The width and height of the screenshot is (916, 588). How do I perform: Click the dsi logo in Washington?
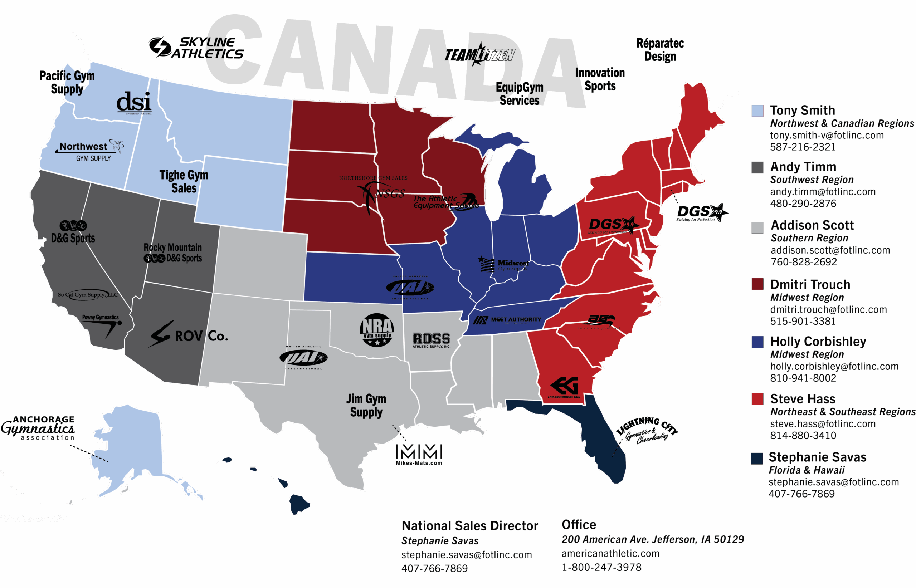pos(134,102)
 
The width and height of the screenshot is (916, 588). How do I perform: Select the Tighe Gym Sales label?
pos(184,181)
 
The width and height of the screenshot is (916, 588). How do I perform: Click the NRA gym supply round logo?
pos(377,330)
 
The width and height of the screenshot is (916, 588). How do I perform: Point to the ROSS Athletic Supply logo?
pos(431,340)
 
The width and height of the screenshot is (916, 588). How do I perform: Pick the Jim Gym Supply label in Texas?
pos(366,406)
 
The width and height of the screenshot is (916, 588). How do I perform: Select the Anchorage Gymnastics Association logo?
pos(39,428)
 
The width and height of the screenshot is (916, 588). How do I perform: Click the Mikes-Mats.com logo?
pos(419,454)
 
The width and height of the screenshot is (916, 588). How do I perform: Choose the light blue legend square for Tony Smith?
pos(757,111)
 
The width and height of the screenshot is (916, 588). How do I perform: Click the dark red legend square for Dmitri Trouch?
pos(757,284)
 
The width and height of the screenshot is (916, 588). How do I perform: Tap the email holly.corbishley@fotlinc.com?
pos(834,367)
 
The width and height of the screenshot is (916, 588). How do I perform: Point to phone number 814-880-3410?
pos(803,435)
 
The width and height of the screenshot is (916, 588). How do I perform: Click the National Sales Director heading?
pos(469,526)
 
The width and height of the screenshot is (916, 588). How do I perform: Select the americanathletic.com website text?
pos(610,553)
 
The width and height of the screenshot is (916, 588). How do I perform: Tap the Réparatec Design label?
pos(660,50)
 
